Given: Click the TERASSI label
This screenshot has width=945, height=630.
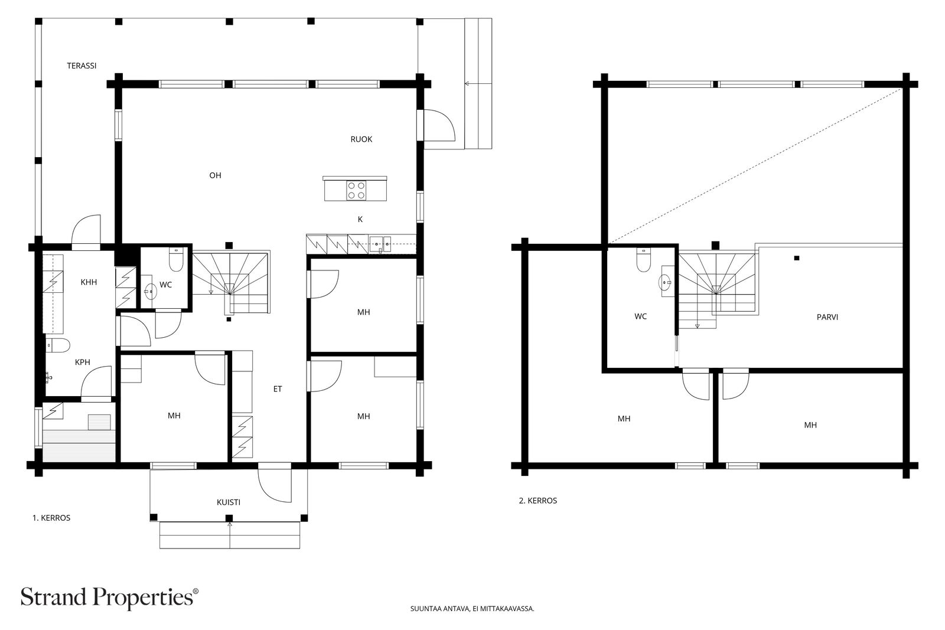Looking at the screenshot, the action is pyautogui.click(x=82, y=66).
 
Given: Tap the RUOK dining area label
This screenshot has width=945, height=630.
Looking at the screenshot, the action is pyautogui.click(x=361, y=139).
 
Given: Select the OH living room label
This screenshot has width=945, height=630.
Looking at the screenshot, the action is pyautogui.click(x=215, y=175).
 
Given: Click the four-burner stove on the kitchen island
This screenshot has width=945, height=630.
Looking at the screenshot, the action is pyautogui.click(x=356, y=190).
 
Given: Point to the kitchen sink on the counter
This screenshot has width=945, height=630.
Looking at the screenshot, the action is pyautogui.click(x=380, y=244).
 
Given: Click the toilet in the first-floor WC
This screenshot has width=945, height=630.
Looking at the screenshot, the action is pyautogui.click(x=176, y=259).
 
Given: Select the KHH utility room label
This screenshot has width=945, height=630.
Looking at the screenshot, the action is pyautogui.click(x=89, y=283).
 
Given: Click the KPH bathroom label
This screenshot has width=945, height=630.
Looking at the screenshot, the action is pyautogui.click(x=82, y=362).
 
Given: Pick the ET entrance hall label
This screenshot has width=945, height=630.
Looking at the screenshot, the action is pyautogui.click(x=277, y=389).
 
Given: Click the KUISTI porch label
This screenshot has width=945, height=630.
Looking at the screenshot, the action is pyautogui.click(x=228, y=502).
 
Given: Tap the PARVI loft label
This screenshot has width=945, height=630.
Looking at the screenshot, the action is pyautogui.click(x=827, y=317).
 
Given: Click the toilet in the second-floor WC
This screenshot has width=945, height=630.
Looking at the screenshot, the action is pyautogui.click(x=643, y=260).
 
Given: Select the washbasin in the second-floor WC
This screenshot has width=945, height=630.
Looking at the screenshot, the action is pyautogui.click(x=666, y=281).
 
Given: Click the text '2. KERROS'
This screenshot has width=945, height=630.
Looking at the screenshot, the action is pyautogui.click(x=538, y=501).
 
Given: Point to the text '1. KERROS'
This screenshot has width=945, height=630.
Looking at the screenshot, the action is pyautogui.click(x=51, y=518).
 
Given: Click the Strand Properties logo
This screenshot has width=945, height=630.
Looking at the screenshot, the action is pyautogui.click(x=109, y=598).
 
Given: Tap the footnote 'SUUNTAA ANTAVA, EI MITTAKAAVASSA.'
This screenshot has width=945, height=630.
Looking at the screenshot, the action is pyautogui.click(x=472, y=609).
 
